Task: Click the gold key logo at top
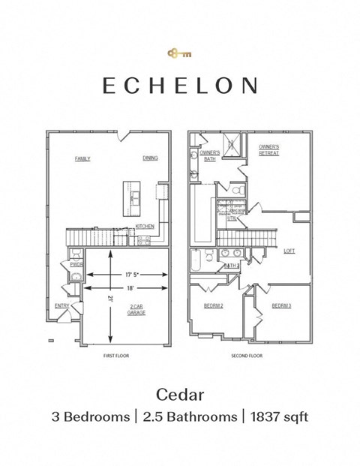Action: point(180,53)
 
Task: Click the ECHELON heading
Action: point(180,86)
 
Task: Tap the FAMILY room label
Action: point(82,158)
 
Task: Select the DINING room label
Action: point(150,158)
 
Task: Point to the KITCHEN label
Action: point(145,226)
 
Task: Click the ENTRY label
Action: point(62,305)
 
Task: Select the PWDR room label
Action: point(76,264)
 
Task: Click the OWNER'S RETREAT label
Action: point(269,149)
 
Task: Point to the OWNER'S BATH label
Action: point(210,155)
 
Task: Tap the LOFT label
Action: point(289,251)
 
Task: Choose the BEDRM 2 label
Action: point(214,305)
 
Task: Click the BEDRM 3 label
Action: point(281,305)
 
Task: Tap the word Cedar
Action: point(180,393)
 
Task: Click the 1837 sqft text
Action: point(278,416)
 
